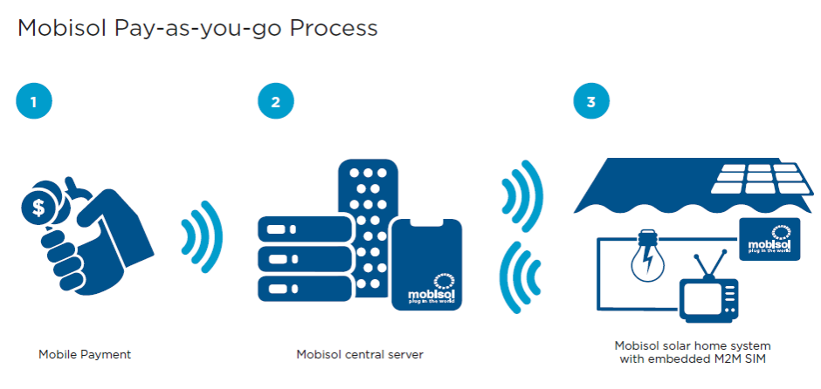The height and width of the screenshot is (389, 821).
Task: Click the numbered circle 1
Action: [x=34, y=102]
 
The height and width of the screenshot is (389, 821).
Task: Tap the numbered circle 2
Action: [x=276, y=102]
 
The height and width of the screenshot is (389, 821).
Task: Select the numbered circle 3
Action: [x=591, y=102]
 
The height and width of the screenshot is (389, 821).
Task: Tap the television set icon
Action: [x=708, y=291]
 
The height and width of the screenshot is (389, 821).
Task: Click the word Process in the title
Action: [x=335, y=28]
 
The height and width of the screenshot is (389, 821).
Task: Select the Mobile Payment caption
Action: [x=85, y=354]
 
